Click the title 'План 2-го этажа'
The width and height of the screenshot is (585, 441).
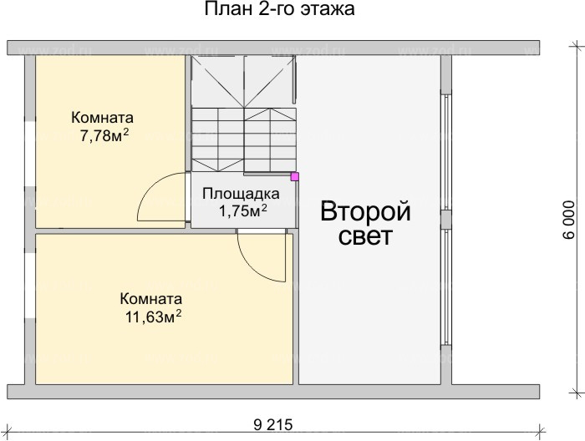280,11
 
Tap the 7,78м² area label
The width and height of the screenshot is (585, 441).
99,134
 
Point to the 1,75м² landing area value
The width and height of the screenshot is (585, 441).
242,210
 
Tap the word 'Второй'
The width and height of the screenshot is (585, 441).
366,210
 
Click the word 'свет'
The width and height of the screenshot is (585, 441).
366,236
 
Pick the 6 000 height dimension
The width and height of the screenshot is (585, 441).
569,220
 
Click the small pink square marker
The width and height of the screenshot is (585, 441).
294,176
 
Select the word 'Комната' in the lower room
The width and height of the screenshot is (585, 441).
151,299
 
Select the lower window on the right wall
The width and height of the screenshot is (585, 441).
446,288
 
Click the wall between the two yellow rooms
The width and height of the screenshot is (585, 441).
109,229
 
